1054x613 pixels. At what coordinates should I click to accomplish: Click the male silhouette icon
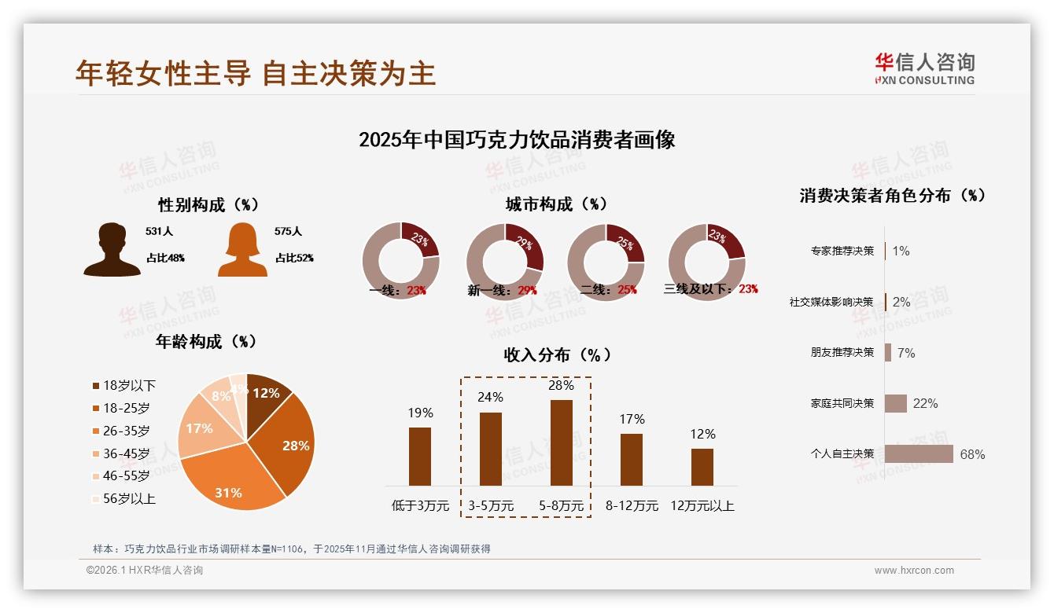[x=112, y=250]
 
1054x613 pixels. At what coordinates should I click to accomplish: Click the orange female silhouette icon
[x=242, y=250]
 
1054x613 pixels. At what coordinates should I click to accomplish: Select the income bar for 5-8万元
[x=561, y=442]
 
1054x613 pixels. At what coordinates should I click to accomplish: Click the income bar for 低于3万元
[x=420, y=456]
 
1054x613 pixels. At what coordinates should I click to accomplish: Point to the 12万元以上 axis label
[x=702, y=505]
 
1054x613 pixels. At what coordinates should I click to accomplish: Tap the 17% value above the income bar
[x=632, y=419]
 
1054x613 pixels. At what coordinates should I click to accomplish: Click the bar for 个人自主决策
[x=918, y=453]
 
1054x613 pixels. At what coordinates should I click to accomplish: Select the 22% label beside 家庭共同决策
[x=925, y=403]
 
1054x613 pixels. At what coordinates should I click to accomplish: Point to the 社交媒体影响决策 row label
[x=831, y=302]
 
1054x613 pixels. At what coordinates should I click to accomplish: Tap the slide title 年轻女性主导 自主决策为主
[x=255, y=73]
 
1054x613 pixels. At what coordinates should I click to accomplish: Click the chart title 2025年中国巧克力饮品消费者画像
[x=517, y=140]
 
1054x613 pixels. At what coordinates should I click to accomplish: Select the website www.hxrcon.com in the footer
[x=914, y=571]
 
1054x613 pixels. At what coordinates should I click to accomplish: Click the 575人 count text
[x=288, y=232]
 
